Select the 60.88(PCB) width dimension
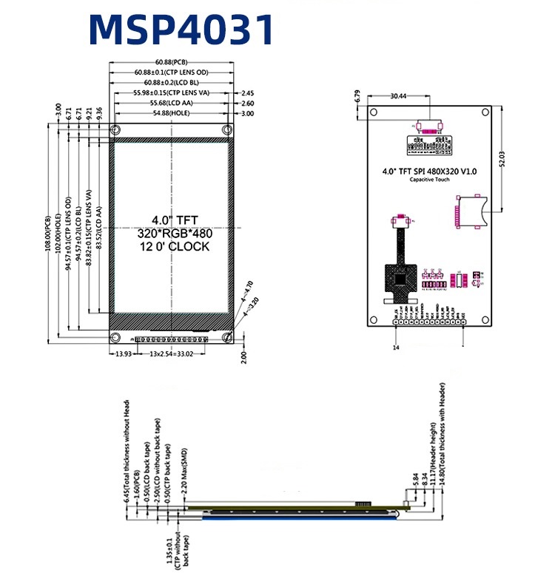(171, 62)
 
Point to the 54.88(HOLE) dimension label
(171, 113)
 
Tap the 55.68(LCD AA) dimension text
(171, 104)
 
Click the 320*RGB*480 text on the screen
(175, 233)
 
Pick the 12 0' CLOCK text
(175, 246)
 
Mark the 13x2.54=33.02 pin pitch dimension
(172, 354)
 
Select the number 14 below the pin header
(396, 347)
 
